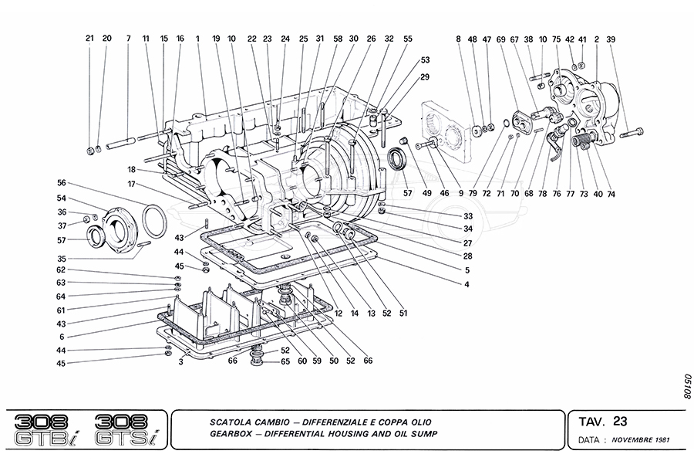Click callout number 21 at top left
tap(89, 38)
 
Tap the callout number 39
tap(611, 38)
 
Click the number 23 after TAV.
tap(621, 422)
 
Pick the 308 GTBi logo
tap(49, 429)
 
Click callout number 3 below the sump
tap(180, 361)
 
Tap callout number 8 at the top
tap(458, 38)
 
